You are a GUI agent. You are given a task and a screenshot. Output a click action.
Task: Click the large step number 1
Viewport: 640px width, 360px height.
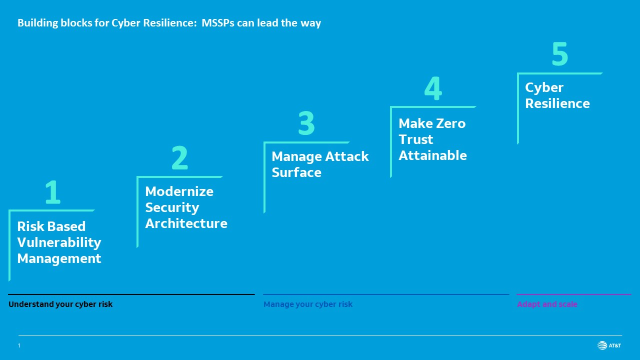52,192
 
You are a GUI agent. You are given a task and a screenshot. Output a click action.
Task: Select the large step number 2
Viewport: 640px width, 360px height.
179,158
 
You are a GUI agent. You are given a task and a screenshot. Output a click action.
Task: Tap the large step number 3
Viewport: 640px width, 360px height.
306,123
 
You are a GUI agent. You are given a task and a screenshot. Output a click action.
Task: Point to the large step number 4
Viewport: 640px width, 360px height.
433,88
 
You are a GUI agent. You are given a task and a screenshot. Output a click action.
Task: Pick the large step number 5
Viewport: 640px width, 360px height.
559,54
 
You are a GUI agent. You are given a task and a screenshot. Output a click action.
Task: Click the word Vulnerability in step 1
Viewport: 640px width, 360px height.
59,242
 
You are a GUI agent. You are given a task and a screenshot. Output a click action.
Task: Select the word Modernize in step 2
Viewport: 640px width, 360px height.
179,191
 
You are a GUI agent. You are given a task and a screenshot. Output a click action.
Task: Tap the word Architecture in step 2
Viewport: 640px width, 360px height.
186,223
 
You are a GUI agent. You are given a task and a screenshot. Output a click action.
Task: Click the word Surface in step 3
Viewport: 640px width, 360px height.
296,172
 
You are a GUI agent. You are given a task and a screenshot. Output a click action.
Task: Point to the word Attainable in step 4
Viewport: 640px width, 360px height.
432,155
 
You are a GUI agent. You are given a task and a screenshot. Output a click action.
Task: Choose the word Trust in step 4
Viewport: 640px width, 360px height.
415,139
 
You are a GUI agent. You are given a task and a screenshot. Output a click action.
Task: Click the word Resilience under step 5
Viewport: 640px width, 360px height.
557,103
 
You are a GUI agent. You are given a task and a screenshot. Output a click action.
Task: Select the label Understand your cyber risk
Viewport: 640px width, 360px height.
60,304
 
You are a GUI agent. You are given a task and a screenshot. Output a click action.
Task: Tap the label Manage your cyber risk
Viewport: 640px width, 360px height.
308,304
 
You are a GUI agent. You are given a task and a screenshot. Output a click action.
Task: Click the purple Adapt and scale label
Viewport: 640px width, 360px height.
547,304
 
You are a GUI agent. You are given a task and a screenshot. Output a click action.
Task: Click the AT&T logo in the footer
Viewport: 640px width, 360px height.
609,345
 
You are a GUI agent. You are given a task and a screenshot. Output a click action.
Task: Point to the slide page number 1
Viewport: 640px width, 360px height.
19,345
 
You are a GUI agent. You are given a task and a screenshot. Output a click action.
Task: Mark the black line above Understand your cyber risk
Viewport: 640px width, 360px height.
131,294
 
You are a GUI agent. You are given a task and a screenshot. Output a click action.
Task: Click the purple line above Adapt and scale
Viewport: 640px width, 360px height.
573,294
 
